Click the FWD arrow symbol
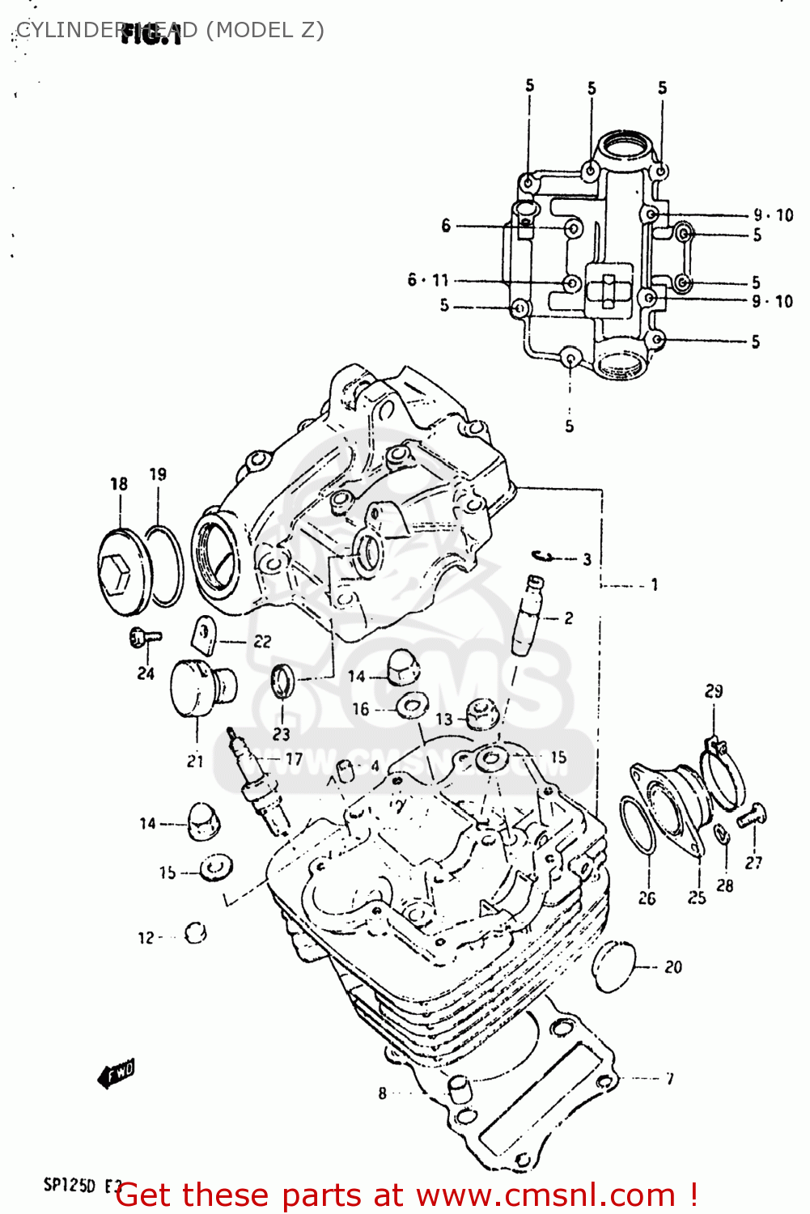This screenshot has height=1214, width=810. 117,1074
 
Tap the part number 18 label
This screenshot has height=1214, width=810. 119,484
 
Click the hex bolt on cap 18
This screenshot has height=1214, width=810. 115,572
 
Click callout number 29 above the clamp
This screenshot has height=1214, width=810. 713,691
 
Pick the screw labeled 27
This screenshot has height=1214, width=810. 752,815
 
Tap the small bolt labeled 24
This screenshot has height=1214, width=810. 144,639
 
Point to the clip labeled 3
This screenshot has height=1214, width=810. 543,556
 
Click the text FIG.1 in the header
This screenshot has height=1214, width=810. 151,34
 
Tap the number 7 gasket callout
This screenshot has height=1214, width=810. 669,1078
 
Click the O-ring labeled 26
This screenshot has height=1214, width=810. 637,825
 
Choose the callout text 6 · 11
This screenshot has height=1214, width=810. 428,280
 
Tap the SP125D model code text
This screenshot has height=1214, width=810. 70,1186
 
